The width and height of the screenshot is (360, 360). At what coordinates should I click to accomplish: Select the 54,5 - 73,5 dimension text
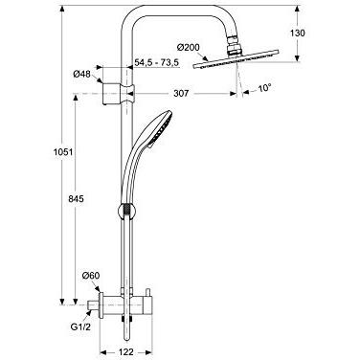[168, 61]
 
